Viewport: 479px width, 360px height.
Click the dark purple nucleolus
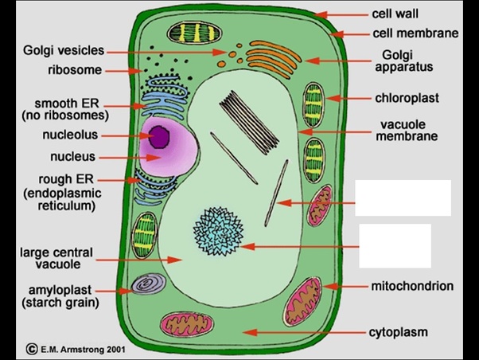[159, 137]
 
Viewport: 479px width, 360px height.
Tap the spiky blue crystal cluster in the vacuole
[219, 231]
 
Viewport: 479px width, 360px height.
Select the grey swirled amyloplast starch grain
[149, 284]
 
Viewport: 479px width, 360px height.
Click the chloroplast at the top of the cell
[195, 33]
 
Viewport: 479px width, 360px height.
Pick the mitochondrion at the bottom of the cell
[187, 325]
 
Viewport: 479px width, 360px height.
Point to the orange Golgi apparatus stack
[274, 60]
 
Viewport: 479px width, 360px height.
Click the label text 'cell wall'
[395, 14]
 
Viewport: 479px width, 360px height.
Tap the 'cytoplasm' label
[398, 332]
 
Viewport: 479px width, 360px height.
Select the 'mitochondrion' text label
[412, 286]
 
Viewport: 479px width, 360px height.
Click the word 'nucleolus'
[70, 135]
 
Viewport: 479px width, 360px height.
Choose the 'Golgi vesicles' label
[64, 50]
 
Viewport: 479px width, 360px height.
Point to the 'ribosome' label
[75, 70]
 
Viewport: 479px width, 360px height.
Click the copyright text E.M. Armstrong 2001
[76, 350]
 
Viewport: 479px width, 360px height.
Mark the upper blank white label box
[403, 198]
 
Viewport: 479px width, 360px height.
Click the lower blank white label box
[395, 246]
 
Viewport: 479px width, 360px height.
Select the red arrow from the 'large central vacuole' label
[139, 260]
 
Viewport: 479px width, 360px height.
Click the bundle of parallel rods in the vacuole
[249, 123]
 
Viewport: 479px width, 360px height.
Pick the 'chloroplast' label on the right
[407, 98]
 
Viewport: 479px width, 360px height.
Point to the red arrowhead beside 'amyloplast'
[126, 291]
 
